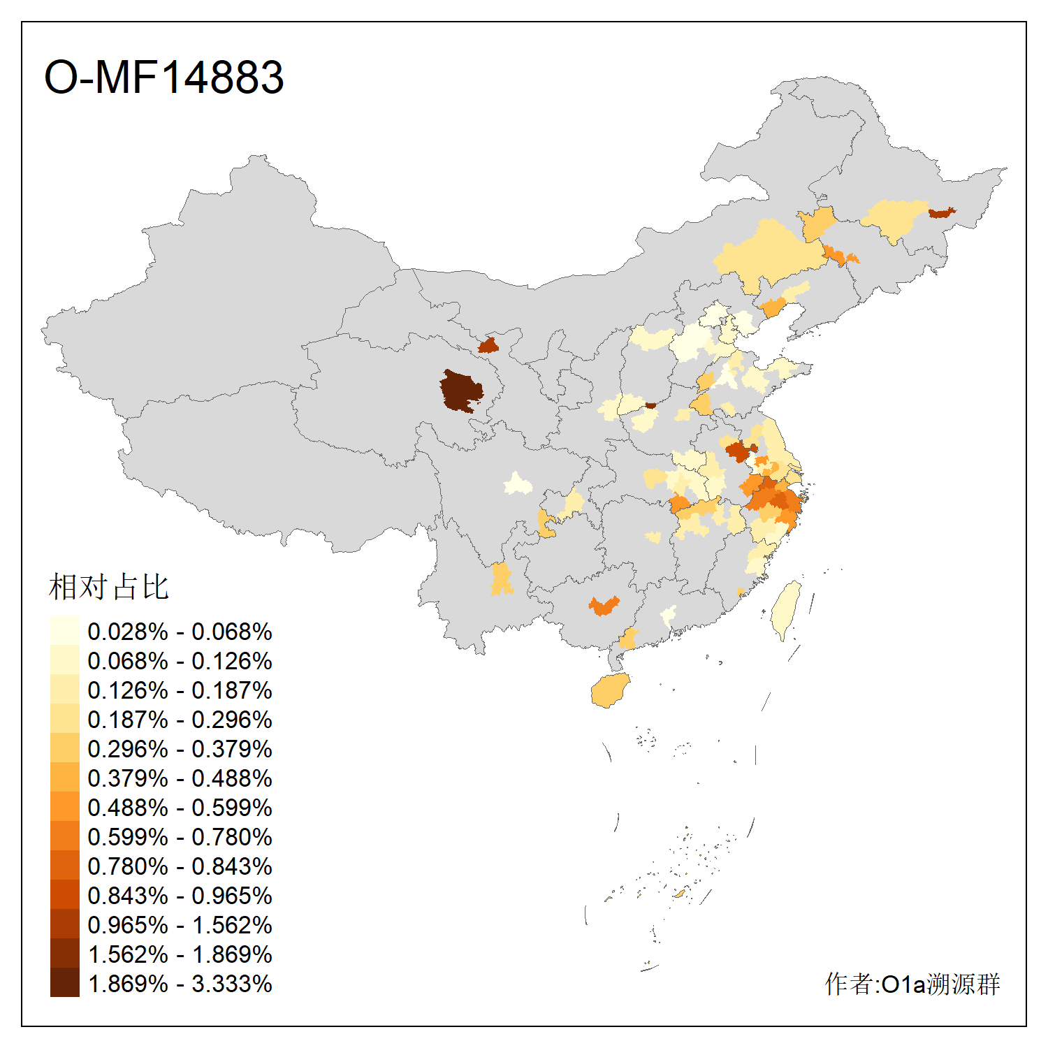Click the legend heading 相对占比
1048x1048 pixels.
(x=109, y=587)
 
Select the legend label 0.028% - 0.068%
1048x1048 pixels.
(x=180, y=632)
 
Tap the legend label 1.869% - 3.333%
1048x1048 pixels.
(x=180, y=984)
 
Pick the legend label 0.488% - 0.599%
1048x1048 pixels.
(x=180, y=808)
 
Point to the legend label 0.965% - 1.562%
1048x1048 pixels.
(x=180, y=925)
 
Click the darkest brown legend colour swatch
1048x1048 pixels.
(x=64, y=982)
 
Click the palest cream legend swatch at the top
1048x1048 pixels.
(x=64, y=630)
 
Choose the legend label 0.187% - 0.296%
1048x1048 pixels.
(x=180, y=720)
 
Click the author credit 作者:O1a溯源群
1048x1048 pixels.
(x=912, y=984)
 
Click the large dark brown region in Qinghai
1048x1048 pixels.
(x=460, y=391)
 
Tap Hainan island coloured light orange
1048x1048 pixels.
(x=610, y=690)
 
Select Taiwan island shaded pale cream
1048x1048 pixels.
(x=786, y=608)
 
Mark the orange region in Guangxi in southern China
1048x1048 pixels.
(x=604, y=605)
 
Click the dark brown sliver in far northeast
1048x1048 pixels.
(x=941, y=212)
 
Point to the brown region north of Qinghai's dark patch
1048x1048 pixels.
(x=488, y=345)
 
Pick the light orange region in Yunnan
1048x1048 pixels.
(x=501, y=578)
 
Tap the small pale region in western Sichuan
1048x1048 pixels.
(x=518, y=483)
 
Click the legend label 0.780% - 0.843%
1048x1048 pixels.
(x=180, y=866)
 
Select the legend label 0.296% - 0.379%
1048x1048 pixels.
(x=180, y=749)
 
